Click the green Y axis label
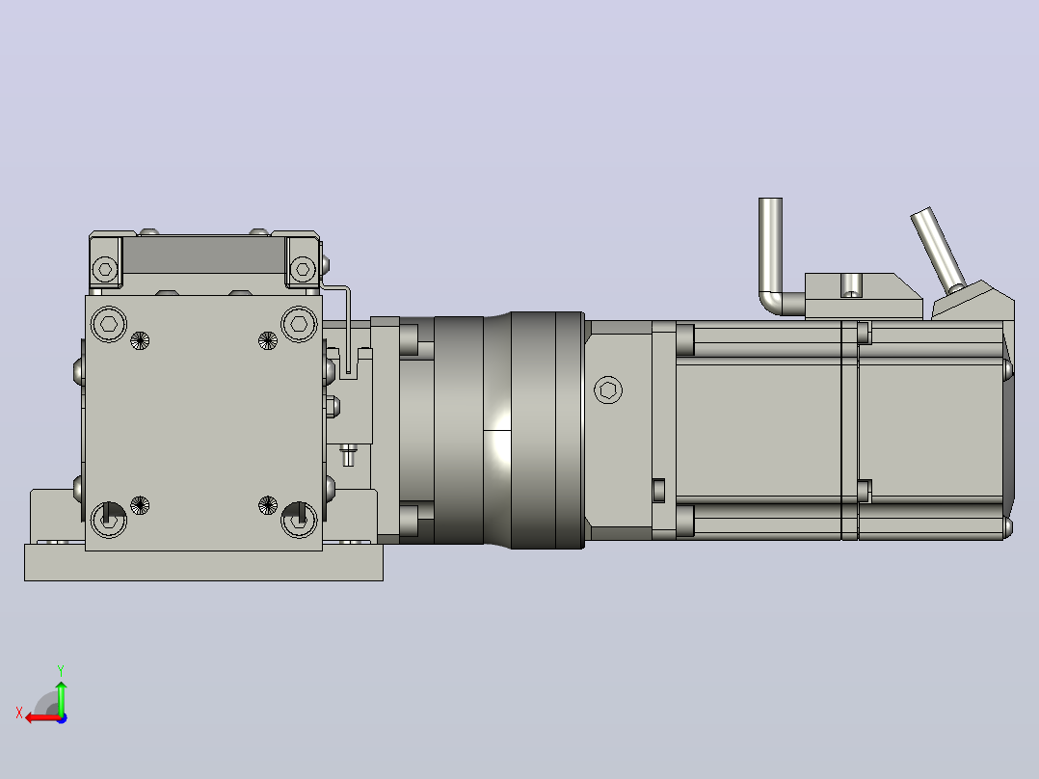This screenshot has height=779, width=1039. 61,670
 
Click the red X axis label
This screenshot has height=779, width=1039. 19,712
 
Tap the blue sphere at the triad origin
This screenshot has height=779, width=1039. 62,718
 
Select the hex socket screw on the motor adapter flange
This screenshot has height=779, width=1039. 607,389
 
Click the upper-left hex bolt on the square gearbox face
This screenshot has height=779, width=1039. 109,324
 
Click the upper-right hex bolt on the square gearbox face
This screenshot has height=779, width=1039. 299,324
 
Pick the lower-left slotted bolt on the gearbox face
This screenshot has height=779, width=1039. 109,519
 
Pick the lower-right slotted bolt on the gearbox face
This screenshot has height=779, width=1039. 299,519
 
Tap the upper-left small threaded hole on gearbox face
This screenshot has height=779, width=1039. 139,340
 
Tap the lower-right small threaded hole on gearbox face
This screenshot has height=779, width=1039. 268,505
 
